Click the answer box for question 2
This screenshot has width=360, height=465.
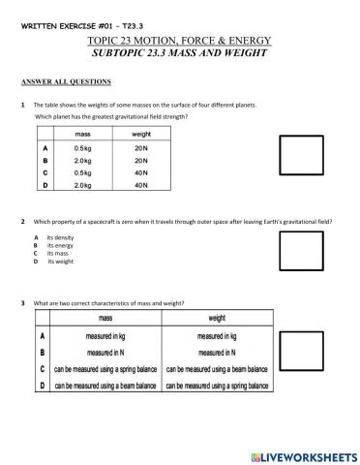[x=301, y=251]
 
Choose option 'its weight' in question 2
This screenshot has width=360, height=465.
[x=60, y=262]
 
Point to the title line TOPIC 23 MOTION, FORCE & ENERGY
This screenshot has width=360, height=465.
[x=179, y=40]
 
